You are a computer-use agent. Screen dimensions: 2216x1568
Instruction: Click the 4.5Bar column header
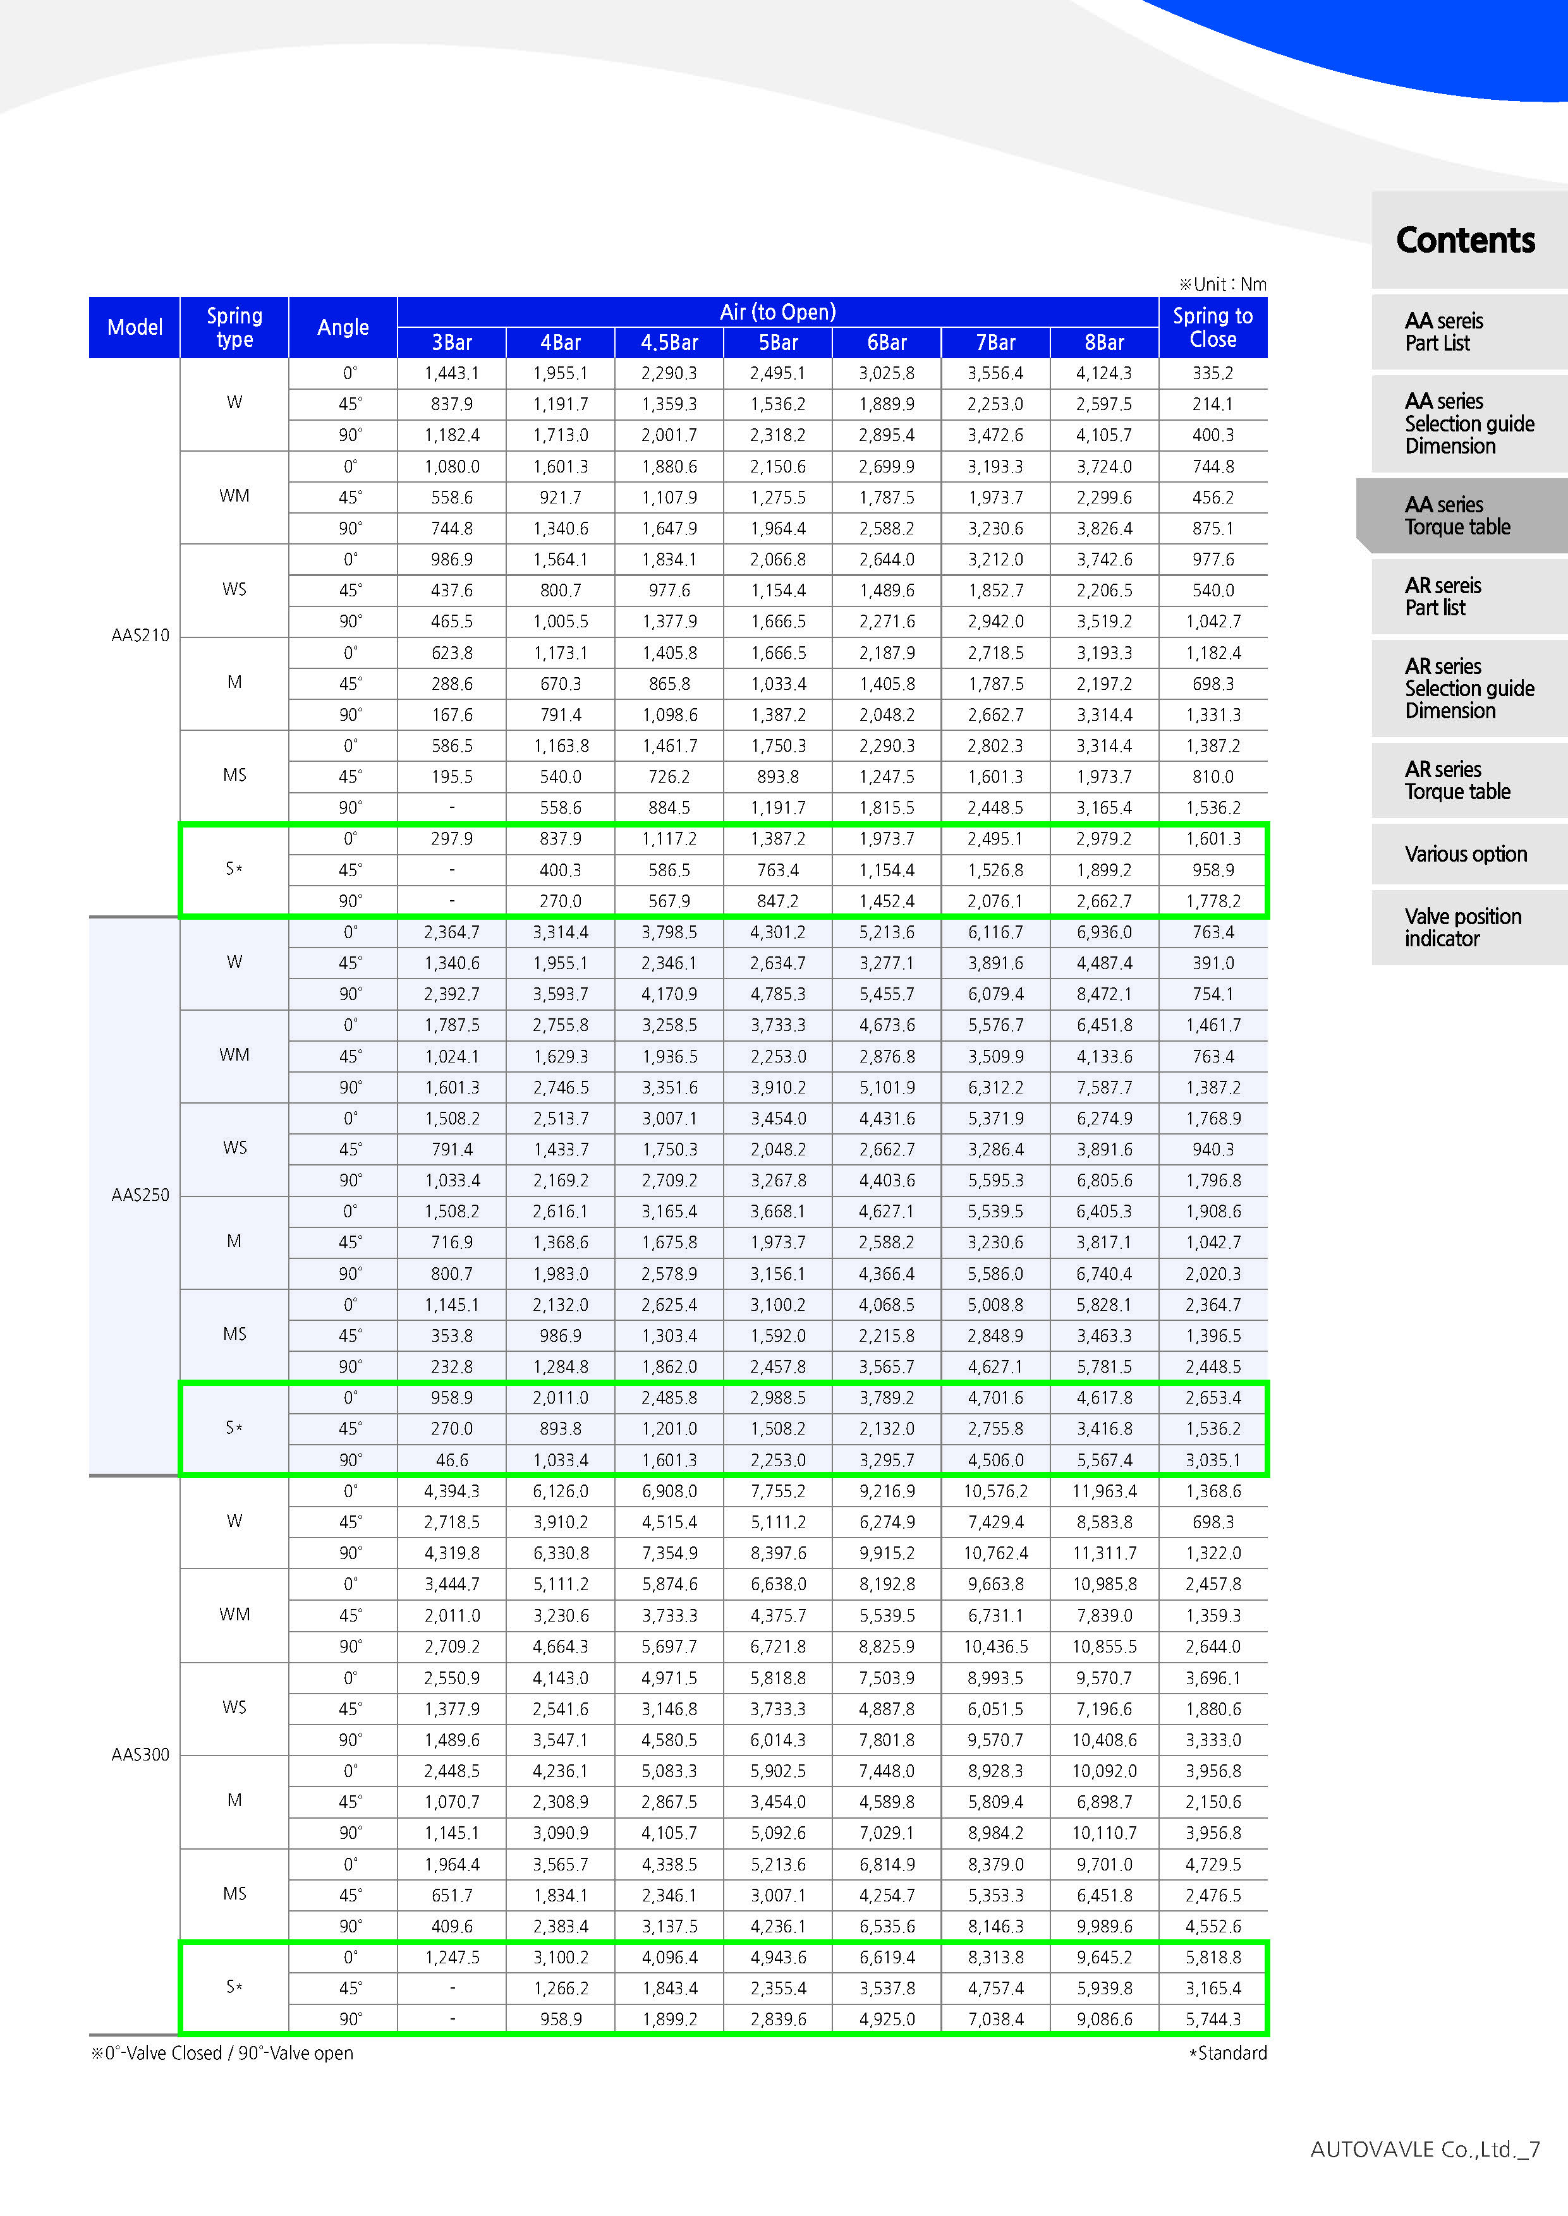click(669, 342)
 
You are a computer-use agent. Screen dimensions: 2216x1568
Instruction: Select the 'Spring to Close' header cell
click(1213, 327)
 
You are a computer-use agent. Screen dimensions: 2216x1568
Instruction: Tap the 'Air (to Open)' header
click(777, 312)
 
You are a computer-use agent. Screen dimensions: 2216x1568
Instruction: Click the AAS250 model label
click(140, 1195)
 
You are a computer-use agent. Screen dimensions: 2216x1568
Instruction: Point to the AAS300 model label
click(140, 1754)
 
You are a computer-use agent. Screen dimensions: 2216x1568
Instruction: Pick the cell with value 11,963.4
click(1105, 1491)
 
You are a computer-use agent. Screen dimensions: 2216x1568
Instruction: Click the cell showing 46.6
click(452, 1460)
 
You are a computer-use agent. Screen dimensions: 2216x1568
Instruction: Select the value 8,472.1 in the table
click(1105, 994)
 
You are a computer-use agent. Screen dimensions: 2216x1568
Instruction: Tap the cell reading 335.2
click(1213, 373)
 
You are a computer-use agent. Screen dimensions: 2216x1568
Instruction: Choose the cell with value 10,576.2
click(995, 1491)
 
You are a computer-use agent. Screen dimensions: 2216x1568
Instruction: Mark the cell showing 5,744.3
click(1213, 2019)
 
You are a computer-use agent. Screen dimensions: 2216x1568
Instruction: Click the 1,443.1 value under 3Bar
click(452, 373)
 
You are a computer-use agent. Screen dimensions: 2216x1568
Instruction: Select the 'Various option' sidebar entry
click(1466, 854)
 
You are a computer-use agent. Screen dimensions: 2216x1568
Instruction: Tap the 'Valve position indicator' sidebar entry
click(1462, 927)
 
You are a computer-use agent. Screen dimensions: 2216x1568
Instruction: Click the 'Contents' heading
click(1466, 240)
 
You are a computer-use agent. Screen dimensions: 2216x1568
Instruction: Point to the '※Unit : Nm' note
click(1222, 284)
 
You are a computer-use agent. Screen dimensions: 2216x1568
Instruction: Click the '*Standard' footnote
click(1227, 2053)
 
